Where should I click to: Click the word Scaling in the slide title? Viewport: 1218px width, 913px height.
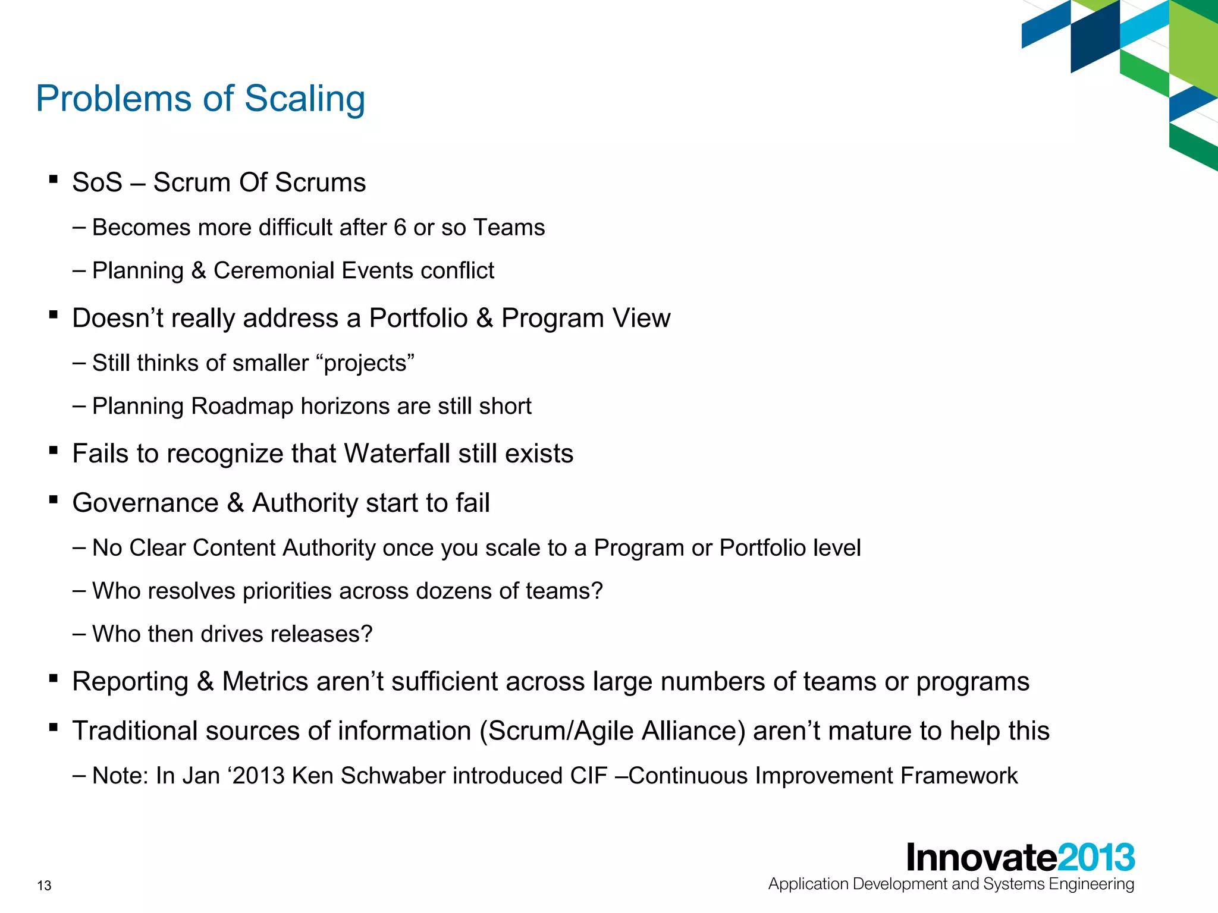(x=304, y=99)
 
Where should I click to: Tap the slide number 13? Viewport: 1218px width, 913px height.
(x=44, y=886)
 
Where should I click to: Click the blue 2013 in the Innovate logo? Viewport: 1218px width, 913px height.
(x=1096, y=858)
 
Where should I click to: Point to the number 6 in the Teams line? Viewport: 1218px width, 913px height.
(x=400, y=228)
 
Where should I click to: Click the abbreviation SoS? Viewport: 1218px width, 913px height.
(x=97, y=182)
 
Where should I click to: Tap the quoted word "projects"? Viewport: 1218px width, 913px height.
(x=366, y=363)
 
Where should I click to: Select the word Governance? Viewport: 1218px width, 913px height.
(x=145, y=503)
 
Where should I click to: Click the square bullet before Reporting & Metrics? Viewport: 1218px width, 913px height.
(x=54, y=678)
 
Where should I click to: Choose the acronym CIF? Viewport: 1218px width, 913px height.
(x=589, y=776)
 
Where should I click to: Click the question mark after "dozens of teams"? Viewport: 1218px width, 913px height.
(x=597, y=591)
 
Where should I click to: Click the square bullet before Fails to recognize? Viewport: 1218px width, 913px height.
(x=54, y=451)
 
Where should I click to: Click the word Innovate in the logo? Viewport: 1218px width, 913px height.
(x=982, y=858)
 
